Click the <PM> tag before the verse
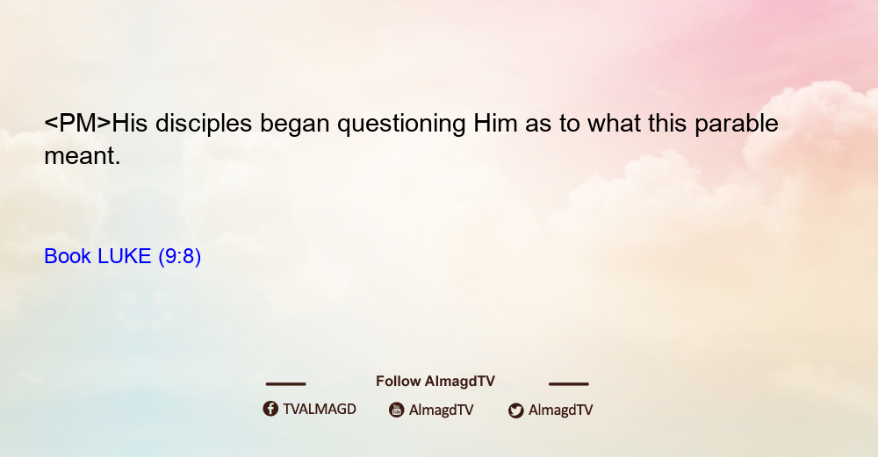coord(78,123)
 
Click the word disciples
coord(204,124)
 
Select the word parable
coord(737,124)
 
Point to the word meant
coord(83,156)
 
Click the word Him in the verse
coord(495,124)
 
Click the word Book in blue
coord(68,256)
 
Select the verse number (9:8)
coord(180,257)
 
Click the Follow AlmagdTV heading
coord(435,382)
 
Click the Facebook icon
coord(270,409)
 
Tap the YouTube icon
coord(397,410)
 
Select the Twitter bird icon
coord(515,411)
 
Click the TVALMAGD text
coord(320,410)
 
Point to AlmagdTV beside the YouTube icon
coord(442,411)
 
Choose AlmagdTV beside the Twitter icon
coord(560,411)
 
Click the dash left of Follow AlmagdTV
coord(285,383)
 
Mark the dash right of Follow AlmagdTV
coord(569,383)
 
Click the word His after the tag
coord(130,124)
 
